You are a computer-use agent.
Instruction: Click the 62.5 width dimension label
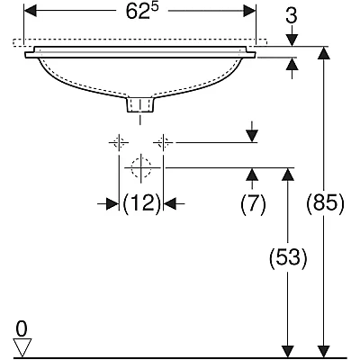pyautogui.click(x=141, y=12)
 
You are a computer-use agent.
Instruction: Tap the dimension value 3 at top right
pyautogui.click(x=292, y=15)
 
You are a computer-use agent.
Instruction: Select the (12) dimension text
pyautogui.click(x=141, y=204)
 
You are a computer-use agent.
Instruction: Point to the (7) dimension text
pyautogui.click(x=253, y=204)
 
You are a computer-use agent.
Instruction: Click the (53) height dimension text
pyautogui.click(x=288, y=258)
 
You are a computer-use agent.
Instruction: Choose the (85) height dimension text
pyautogui.click(x=325, y=204)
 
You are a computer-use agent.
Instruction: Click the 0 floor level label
pyautogui.click(x=22, y=329)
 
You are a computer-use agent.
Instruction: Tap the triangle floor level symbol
pyautogui.click(x=22, y=347)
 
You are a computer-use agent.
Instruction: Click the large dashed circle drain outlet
pyautogui.click(x=141, y=167)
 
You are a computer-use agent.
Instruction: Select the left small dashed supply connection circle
pyautogui.click(x=119, y=142)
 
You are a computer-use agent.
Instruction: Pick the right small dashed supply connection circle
pyautogui.click(x=163, y=142)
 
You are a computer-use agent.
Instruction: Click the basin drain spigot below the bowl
pyautogui.click(x=140, y=104)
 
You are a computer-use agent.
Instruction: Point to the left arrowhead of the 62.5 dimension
pyautogui.click(x=31, y=11)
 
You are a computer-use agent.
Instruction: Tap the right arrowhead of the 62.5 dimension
pyautogui.click(x=249, y=11)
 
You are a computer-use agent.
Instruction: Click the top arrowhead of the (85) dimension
pyautogui.click(x=324, y=53)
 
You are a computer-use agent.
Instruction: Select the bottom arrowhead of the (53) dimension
pyautogui.click(x=288, y=351)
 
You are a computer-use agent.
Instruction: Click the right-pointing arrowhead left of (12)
pyautogui.click(x=112, y=204)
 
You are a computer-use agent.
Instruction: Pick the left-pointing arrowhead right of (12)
pyautogui.click(x=169, y=204)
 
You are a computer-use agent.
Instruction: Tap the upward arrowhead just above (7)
pyautogui.click(x=252, y=174)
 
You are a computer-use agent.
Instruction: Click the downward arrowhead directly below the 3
pyautogui.click(x=292, y=40)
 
